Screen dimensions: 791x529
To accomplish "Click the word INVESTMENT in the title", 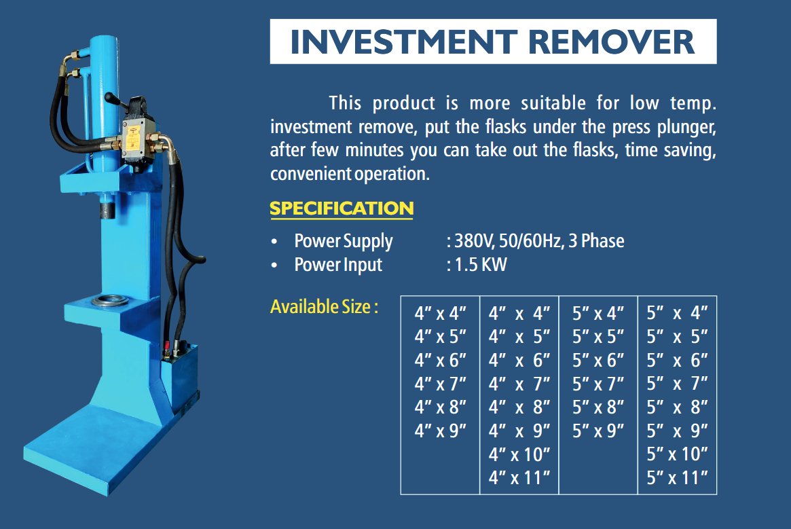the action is tap(403, 42).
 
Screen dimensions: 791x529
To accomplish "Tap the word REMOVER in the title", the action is tap(611, 42).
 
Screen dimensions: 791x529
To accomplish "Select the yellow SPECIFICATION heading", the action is tap(342, 208).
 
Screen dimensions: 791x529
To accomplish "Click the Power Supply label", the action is tap(343, 241).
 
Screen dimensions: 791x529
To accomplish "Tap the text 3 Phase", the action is tap(596, 241).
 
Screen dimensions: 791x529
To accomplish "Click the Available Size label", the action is tap(324, 306).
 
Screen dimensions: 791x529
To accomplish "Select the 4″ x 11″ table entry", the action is tap(519, 477).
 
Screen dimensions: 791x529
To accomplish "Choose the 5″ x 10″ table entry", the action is tap(677, 454).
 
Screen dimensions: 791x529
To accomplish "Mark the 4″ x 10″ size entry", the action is tap(519, 454).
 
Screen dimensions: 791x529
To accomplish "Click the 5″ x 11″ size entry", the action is tap(677, 477).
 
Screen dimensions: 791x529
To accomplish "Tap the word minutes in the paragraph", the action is tap(374, 151).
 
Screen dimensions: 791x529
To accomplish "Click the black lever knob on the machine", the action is tap(109, 96).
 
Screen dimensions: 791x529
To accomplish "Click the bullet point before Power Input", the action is tap(274, 265).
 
